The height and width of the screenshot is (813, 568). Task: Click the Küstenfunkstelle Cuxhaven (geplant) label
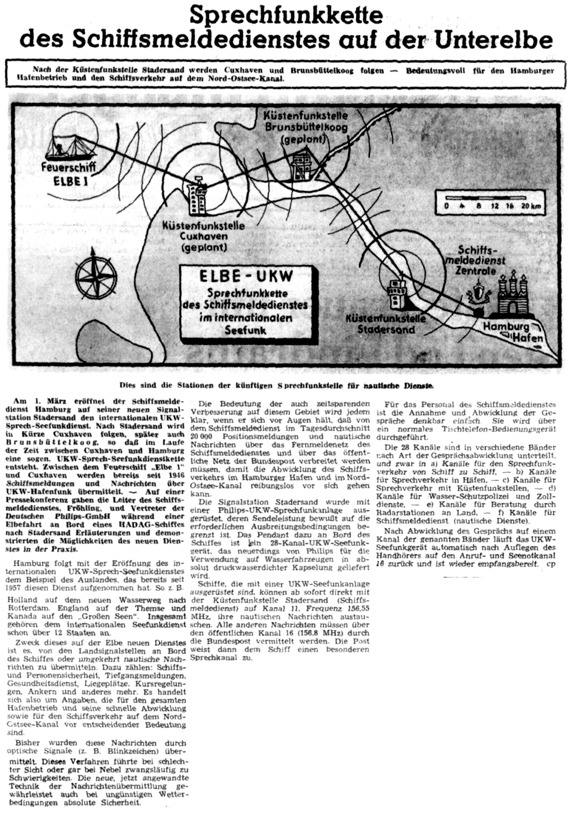(x=204, y=236)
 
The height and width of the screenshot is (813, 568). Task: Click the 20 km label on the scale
(x=530, y=206)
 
